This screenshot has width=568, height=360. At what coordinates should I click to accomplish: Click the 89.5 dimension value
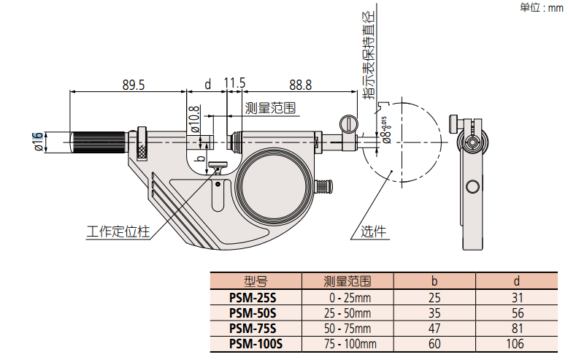coord(134,85)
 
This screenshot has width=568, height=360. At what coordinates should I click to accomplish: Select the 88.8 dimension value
coord(300,85)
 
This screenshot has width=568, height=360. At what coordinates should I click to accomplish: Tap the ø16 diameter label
coord(37,142)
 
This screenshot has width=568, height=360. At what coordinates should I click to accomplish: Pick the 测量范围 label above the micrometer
coord(270,108)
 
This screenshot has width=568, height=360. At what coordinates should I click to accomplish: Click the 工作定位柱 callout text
coord(118,232)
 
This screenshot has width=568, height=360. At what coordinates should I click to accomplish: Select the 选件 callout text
coord(373,233)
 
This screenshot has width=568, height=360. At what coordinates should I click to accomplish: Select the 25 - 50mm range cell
coord(348,313)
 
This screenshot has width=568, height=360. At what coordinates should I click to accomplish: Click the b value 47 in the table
coord(434,329)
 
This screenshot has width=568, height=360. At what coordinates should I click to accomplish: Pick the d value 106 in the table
coord(516,343)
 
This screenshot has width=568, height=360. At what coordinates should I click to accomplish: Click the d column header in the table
coord(516,281)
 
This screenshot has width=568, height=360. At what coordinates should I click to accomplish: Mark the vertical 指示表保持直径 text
coord(372,55)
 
